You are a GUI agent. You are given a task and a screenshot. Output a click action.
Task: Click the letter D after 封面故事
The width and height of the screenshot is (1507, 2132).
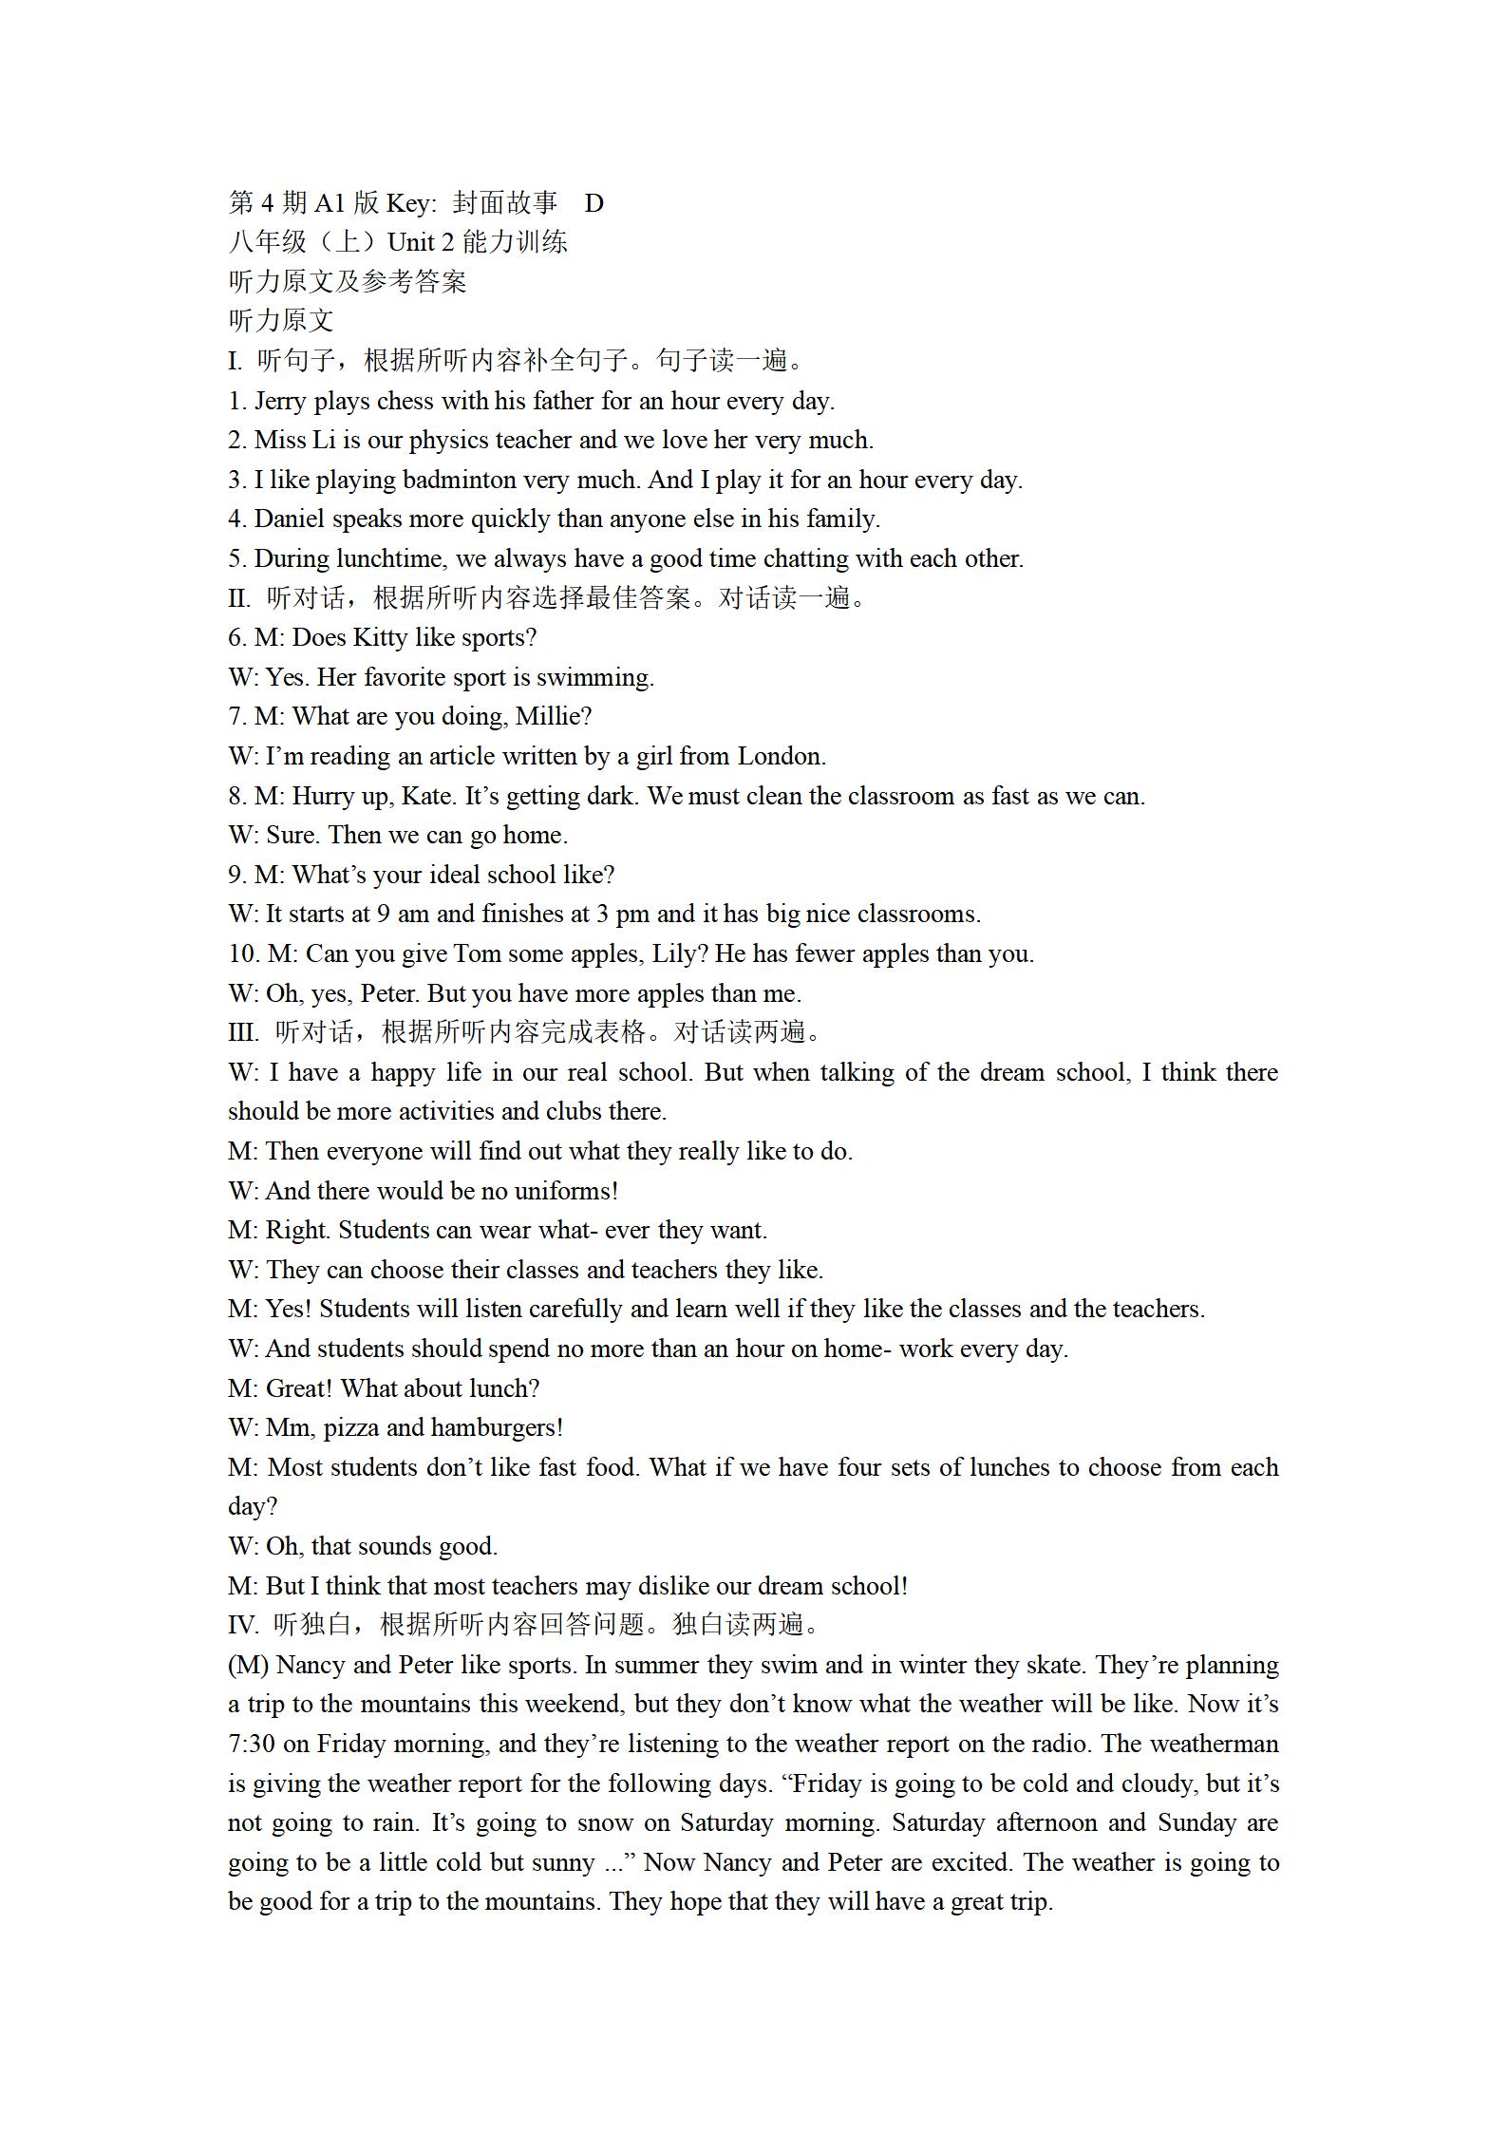[x=593, y=203]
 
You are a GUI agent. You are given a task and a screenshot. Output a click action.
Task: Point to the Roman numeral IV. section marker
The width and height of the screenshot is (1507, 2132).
[x=242, y=1626]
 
